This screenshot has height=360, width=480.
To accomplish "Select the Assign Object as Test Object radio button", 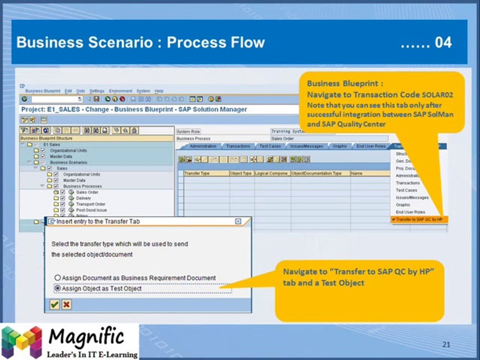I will click(57, 288).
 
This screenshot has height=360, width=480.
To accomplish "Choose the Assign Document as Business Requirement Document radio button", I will click(57, 278).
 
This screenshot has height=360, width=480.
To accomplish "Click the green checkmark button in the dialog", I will click(54, 304).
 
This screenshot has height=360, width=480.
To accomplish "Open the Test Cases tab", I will click(269, 146).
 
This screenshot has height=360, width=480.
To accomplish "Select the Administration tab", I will click(202, 146).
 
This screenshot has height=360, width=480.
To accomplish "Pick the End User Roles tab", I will click(371, 146).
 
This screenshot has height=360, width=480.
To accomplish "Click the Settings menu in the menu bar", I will click(97, 91).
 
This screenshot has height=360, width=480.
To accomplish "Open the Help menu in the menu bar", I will click(159, 91).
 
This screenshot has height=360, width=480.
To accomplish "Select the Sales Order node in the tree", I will click(87, 192).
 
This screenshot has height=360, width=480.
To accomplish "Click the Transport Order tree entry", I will click(90, 204).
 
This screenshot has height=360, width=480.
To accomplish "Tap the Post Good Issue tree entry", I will click(91, 210).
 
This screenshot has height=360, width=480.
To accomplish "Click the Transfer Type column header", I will click(196, 173).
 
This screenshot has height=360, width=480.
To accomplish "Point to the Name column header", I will click(356, 173).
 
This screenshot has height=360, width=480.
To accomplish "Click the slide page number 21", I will click(446, 344).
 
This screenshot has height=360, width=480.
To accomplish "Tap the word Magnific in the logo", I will click(86, 336).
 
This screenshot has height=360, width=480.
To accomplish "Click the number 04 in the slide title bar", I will click(442, 42).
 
